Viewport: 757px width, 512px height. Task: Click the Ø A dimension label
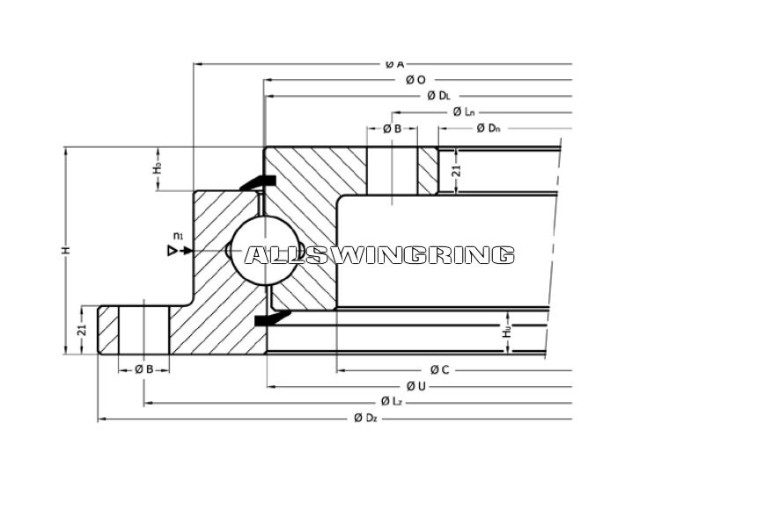point(394,63)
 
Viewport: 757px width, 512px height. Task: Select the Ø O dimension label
point(415,79)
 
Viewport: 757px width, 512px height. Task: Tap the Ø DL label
point(437,95)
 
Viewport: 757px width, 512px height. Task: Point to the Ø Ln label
point(464,112)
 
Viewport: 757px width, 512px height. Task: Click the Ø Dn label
point(489,128)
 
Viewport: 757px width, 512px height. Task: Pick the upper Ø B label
point(393,128)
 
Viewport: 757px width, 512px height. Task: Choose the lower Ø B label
point(144,369)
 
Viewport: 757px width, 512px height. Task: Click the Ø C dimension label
point(439,369)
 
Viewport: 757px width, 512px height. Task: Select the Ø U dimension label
point(416,386)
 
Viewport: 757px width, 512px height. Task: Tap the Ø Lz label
point(392,402)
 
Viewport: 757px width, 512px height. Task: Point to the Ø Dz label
point(365,418)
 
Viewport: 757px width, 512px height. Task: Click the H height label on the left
point(65,252)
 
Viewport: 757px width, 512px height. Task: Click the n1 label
point(178,236)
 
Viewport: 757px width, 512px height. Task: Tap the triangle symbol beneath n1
point(173,251)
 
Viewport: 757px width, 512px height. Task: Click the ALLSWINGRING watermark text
point(378,255)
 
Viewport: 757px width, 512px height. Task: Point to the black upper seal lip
point(260,181)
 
